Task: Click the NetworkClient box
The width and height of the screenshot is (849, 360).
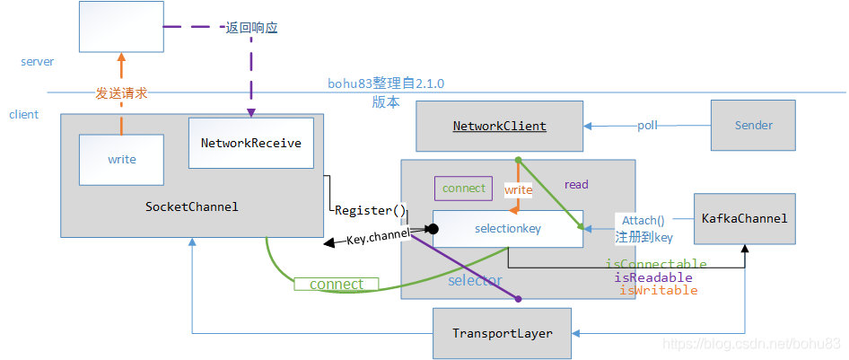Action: [499, 126]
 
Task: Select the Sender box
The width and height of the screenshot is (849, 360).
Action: [753, 126]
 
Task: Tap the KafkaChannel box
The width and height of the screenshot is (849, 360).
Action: [744, 218]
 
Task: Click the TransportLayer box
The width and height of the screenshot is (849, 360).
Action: [502, 332]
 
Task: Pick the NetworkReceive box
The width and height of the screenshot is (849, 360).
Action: [250, 143]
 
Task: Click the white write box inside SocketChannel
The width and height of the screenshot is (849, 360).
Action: [121, 160]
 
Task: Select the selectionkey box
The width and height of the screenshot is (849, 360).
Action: [507, 229]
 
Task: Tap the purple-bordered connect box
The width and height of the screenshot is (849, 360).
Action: [463, 189]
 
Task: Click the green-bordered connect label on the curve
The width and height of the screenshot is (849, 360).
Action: [336, 284]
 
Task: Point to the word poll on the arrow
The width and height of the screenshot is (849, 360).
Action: [648, 126]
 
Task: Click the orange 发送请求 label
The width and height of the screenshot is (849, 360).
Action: [121, 92]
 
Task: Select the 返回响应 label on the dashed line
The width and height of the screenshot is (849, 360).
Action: [251, 28]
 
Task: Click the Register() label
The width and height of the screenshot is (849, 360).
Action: [371, 210]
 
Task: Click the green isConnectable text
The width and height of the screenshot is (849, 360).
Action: [655, 265]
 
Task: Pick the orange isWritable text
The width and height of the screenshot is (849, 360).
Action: [658, 290]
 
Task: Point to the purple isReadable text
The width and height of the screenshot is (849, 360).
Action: [652, 277]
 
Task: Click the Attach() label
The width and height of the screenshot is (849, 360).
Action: [643, 220]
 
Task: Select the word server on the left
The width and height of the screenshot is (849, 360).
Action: [37, 62]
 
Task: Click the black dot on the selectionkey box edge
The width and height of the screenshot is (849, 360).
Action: [432, 229]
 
